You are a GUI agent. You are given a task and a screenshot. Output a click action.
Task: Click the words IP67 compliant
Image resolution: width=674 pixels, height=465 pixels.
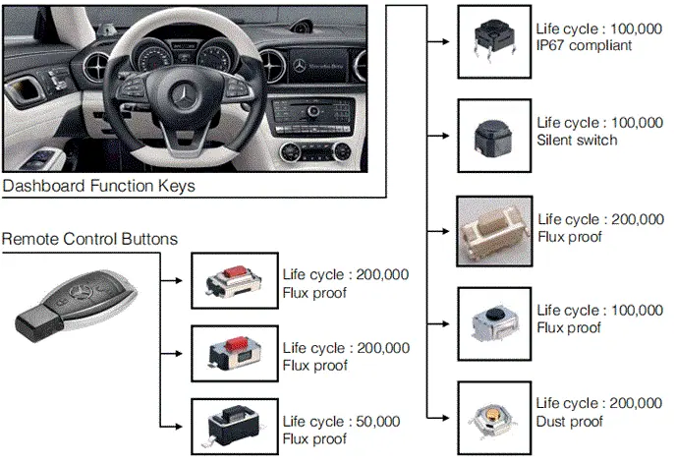pos(584,45)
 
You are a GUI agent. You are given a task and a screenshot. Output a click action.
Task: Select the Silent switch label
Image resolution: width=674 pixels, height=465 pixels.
pos(577,140)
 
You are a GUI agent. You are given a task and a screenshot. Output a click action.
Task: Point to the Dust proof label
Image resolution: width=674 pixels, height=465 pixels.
pos(570,421)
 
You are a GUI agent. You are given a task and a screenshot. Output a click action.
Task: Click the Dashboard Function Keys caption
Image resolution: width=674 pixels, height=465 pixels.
pos(98,186)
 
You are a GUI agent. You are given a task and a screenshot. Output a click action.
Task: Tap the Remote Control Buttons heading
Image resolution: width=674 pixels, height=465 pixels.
pos(89,239)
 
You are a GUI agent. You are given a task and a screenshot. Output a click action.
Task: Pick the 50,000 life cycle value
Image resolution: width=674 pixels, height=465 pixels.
pos(378,421)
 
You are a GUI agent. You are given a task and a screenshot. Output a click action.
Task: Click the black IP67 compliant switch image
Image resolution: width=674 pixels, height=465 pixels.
pos(494,41)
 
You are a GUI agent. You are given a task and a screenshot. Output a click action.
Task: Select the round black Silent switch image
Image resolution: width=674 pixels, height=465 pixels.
pos(494,136)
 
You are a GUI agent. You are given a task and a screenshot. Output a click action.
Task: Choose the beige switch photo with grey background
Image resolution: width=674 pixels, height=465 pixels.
pos(494,231)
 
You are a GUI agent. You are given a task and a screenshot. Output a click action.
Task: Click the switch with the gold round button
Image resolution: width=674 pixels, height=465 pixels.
pos(494,418)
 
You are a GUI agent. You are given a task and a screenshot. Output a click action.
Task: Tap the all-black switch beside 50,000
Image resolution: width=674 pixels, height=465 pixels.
pos(234,427)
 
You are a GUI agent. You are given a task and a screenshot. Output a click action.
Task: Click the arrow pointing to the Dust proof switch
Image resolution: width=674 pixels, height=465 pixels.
pos(438,418)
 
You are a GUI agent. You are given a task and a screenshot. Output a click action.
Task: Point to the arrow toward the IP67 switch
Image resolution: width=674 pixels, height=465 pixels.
pos(438,41)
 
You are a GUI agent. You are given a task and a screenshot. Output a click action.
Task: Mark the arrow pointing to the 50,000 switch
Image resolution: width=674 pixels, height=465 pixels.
pos(171,427)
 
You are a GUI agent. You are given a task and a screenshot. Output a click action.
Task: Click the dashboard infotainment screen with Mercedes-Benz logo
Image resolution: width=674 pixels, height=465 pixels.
pos(318,66)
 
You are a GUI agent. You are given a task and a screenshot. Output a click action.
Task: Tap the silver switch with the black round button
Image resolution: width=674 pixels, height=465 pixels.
pos(494,323)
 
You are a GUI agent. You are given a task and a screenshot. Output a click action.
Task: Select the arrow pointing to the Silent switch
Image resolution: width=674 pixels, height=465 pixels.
pos(438,136)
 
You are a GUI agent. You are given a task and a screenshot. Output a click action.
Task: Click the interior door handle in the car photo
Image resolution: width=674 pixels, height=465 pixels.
pos(26,88)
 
